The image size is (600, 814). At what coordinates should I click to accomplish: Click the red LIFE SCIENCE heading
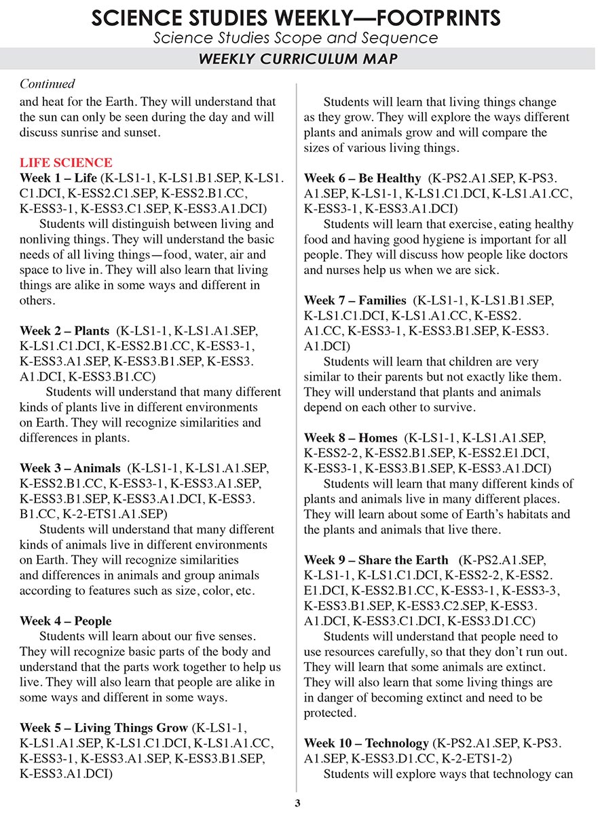click(x=66, y=163)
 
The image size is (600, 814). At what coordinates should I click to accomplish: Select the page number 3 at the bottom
click(x=297, y=804)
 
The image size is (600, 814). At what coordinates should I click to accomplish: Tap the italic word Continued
click(x=47, y=84)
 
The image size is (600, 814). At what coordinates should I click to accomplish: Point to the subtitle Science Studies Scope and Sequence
click(x=295, y=37)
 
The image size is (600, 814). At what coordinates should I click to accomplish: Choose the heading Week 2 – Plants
click(x=64, y=331)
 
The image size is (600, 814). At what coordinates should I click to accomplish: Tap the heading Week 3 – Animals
click(x=70, y=468)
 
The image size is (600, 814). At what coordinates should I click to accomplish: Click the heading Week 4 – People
click(x=66, y=621)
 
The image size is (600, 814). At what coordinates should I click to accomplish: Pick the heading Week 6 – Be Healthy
click(x=362, y=178)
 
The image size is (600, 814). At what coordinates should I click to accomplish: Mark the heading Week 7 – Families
click(x=355, y=301)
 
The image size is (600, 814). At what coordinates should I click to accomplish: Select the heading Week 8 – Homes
click(x=350, y=438)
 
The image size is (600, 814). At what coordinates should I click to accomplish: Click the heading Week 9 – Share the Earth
click(x=376, y=560)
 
